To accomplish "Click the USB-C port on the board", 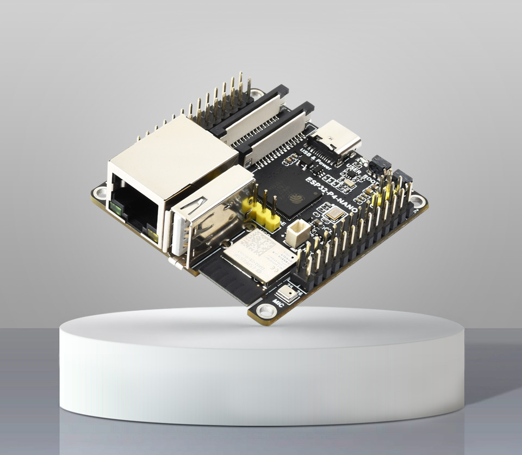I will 338,139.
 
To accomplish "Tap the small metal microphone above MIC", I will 289,294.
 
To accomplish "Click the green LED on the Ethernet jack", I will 115,207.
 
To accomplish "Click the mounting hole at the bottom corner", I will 266,311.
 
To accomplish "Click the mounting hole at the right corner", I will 417,201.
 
